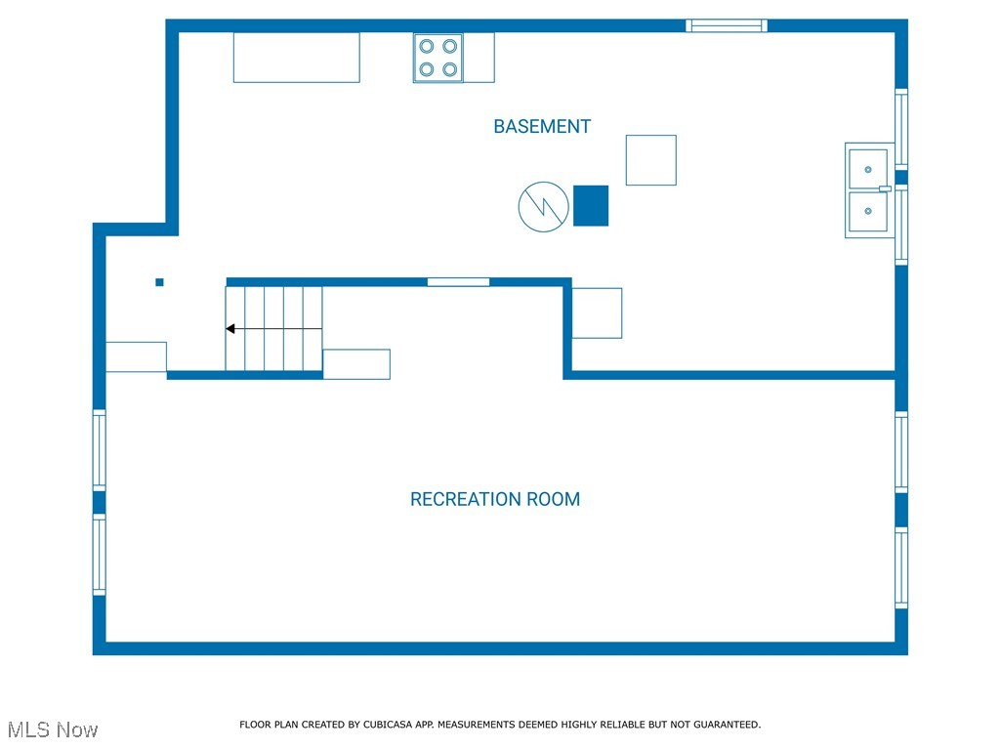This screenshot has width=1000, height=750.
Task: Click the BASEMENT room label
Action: tap(542, 127)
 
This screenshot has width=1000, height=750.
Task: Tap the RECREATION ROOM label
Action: tap(494, 499)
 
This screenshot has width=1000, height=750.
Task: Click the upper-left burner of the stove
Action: tap(427, 46)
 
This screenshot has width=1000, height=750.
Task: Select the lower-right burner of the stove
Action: tap(449, 68)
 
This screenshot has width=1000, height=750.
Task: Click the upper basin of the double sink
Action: tap(867, 168)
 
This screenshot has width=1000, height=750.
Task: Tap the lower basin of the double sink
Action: tap(867, 211)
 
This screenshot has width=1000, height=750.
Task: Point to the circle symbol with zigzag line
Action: tap(543, 206)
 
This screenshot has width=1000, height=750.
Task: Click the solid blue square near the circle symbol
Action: tap(590, 205)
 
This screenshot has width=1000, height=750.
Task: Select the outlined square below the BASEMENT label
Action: tap(650, 160)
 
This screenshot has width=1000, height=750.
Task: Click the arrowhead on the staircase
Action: tap(230, 329)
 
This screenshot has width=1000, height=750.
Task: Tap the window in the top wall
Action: tap(727, 25)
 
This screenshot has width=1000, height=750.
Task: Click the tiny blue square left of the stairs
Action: tap(159, 282)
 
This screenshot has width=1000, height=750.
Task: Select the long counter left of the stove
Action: tap(296, 57)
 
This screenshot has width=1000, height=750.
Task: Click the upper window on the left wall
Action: tap(99, 449)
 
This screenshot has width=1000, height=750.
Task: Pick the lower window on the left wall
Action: tap(99, 554)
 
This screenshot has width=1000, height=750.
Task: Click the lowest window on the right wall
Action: tap(901, 567)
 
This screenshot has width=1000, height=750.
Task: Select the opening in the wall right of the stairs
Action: tap(458, 282)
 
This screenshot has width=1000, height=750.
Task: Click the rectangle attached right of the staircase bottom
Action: tap(356, 363)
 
